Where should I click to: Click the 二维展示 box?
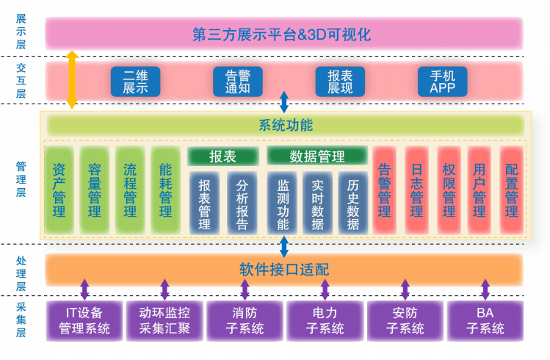click(x=135, y=82)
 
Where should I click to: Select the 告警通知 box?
click(x=238, y=82)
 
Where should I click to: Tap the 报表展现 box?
click(x=340, y=82)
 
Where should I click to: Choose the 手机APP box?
click(x=442, y=82)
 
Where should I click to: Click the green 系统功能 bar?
click(x=286, y=125)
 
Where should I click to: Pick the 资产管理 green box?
click(x=59, y=190)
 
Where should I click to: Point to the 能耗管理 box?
click(x=165, y=190)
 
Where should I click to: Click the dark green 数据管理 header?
click(x=316, y=156)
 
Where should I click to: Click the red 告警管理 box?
click(x=384, y=190)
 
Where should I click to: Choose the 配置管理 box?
click(x=512, y=190)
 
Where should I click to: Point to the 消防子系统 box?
click(x=245, y=320)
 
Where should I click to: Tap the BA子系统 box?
click(x=485, y=320)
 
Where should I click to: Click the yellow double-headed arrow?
click(x=72, y=80)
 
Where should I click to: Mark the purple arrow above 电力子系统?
click(x=325, y=289)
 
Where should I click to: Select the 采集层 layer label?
click(x=21, y=320)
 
